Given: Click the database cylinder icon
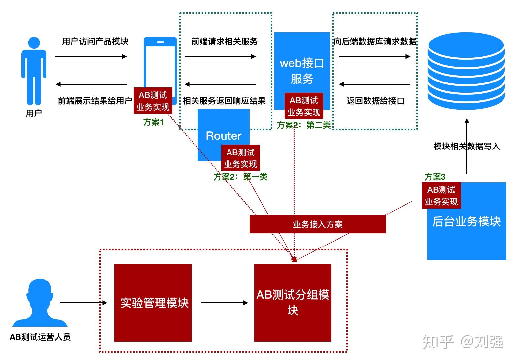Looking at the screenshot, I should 466,71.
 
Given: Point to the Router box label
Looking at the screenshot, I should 223,136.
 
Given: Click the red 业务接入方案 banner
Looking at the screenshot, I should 318,224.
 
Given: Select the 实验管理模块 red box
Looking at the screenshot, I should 153,303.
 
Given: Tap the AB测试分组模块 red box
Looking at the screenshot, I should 292,303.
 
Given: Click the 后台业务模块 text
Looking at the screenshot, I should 466,221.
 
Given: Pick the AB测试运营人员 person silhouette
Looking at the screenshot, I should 40,304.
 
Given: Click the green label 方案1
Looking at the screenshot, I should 153,122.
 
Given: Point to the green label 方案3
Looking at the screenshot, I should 435,177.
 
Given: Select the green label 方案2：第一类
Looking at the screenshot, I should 240,177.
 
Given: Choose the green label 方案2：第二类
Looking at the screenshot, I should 304,125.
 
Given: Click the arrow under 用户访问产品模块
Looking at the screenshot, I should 91,56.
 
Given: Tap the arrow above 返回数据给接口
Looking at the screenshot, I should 375,84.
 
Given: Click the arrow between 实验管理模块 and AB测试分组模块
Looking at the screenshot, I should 224,303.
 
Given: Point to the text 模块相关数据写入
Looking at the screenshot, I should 466,146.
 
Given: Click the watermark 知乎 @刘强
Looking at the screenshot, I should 463,342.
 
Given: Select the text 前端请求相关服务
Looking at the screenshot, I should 224,42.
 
